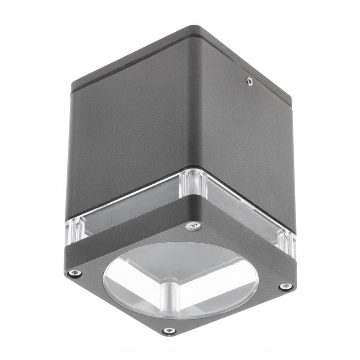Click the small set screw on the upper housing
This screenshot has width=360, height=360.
coord(249,82)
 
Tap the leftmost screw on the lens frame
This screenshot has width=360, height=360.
coord(75,274)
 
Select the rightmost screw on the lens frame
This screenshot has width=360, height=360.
coord(285,287)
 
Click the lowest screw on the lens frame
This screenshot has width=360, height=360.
coord(169,331)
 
